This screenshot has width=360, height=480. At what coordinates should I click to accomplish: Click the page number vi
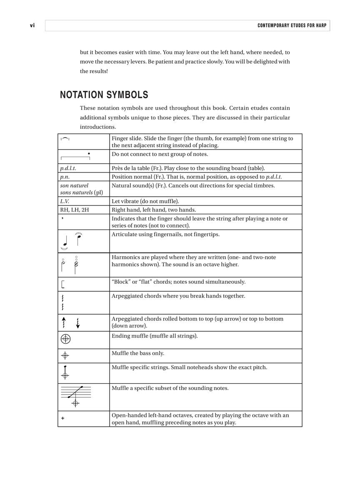[x=32, y=26]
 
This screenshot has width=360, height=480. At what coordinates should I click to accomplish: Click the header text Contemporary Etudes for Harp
[x=292, y=26]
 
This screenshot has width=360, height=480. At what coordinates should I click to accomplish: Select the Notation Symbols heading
[x=104, y=95]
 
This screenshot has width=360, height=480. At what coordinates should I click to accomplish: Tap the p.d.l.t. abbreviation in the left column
[x=68, y=168]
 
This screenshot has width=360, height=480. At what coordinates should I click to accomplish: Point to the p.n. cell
[x=65, y=177]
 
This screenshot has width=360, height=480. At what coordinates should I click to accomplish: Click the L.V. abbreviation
[x=65, y=201]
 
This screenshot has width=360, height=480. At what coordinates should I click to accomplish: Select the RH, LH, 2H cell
[x=75, y=210]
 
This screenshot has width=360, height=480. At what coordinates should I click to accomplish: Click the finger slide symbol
[x=65, y=139]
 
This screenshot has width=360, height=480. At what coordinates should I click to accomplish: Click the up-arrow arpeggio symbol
[x=64, y=322]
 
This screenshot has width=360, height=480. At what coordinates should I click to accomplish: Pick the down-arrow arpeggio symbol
[x=78, y=322]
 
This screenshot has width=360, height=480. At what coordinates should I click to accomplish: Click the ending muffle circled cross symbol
[x=65, y=339]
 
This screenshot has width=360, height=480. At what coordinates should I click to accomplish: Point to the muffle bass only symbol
[x=65, y=356]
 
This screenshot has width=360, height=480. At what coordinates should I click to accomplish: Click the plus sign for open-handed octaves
[x=63, y=418]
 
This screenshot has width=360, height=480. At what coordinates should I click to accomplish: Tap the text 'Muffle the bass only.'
[x=138, y=353]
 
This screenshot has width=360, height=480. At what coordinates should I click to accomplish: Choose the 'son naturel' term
[x=74, y=185]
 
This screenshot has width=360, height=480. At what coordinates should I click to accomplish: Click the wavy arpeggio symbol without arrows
[x=63, y=302]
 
